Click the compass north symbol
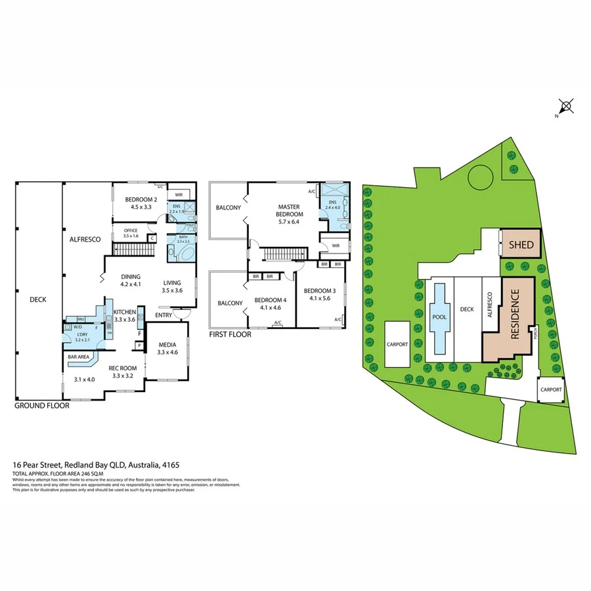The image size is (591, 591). [566, 106]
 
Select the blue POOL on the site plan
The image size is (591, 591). [439, 317]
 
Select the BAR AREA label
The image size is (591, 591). [78, 357]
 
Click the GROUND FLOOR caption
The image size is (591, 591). [41, 406]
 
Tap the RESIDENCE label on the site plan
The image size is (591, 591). [515, 315]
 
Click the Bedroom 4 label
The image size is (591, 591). [271, 302]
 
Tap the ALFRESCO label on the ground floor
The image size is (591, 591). [85, 240]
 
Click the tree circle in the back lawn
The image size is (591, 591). [479, 175]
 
